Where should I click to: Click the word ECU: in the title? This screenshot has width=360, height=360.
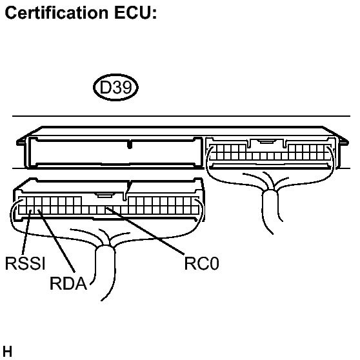(x=134, y=13)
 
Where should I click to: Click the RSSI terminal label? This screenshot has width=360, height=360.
(x=22, y=265)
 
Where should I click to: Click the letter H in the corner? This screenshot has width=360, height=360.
(x=7, y=352)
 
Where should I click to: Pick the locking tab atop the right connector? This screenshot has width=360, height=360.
(x=265, y=142)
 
